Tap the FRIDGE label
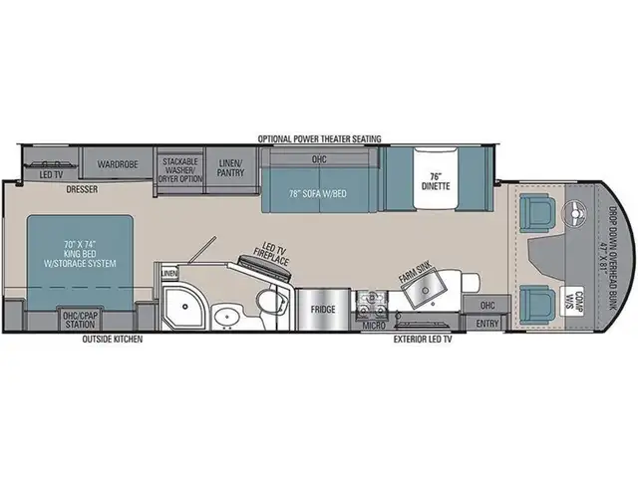pos(322,309)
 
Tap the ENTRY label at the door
pos(487,322)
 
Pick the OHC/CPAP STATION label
pos(81,320)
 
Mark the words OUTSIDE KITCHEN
pos(113,340)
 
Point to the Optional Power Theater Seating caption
pos(319,138)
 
